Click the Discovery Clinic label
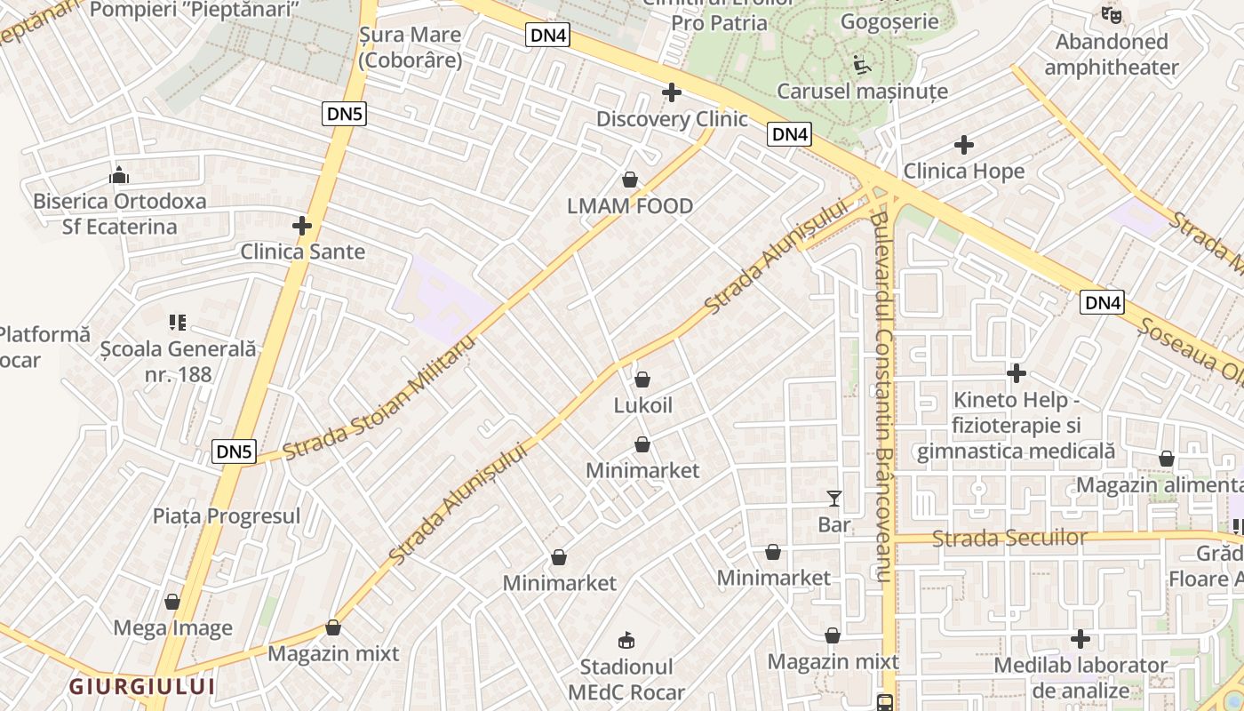tap(672, 119)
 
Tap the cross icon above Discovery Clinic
tap(672, 92)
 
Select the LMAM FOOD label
tap(630, 206)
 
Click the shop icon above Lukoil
tap(642, 379)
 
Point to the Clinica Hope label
tap(964, 171)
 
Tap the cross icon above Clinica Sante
tap(302, 226)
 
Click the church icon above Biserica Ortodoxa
tap(119, 176)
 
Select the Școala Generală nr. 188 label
tap(179, 362)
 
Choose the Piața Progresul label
tap(227, 515)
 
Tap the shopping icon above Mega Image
tap(172, 602)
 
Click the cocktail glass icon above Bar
tap(833, 499)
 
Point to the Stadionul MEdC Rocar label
tap(626, 680)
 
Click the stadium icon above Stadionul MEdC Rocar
tap(626, 640)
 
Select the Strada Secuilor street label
tap(1010, 538)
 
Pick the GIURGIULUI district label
tap(142, 686)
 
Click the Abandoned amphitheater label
tap(1112, 54)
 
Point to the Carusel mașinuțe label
tap(862, 91)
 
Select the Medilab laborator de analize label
tap(1081, 677)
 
